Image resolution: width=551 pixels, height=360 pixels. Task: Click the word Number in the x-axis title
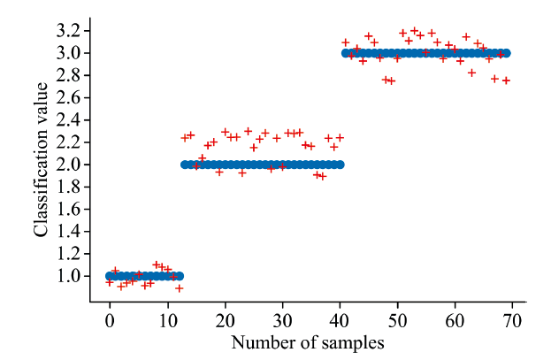(261, 341)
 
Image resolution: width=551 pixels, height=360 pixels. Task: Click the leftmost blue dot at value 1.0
(110, 276)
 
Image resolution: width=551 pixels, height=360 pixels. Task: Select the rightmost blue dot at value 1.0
(179, 276)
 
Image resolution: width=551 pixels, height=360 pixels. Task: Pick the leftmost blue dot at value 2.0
(185, 165)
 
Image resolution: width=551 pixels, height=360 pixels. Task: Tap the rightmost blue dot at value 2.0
(340, 165)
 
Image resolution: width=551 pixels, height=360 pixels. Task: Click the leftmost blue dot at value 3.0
(346, 53)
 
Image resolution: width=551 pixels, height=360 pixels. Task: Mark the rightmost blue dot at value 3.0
(507, 53)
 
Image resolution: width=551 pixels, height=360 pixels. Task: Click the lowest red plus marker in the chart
(179, 288)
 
